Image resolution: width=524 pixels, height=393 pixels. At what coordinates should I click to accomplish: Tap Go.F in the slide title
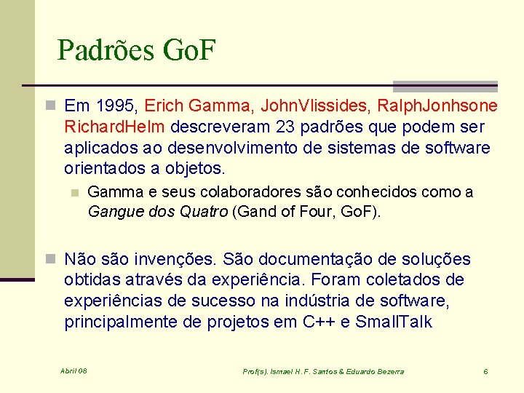tap(191, 50)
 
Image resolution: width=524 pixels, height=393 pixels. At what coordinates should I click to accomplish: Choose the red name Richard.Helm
tap(115, 127)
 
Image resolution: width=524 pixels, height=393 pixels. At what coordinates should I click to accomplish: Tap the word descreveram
tap(221, 127)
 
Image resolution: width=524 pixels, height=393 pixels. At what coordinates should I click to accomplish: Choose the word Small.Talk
tap(394, 322)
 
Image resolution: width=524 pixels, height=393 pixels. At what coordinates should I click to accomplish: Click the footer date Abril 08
tap(74, 371)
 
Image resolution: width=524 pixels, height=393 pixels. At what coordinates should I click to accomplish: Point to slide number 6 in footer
tap(485, 372)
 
